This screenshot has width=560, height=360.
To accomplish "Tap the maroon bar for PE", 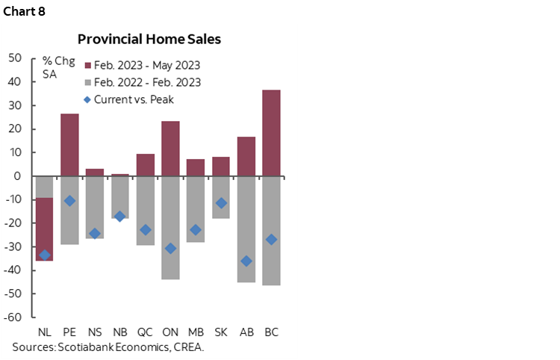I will tap(69, 145).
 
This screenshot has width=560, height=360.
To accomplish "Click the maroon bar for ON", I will tap(171, 149).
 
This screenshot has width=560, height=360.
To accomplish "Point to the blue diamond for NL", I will tap(45, 255).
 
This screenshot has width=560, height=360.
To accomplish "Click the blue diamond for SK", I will tap(221, 203).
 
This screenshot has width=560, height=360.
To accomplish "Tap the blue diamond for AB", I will tap(246, 261).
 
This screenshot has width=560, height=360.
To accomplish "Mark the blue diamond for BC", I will tap(272, 239).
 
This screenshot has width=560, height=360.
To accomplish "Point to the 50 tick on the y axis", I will tap(15, 58).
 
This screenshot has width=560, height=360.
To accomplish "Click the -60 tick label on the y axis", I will tap(13, 317).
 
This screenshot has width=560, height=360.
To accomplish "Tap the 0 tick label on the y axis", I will tap(19, 176).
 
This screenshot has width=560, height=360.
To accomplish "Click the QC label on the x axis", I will tap(146, 332).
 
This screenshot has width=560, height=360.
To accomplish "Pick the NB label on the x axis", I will tap(120, 332).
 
